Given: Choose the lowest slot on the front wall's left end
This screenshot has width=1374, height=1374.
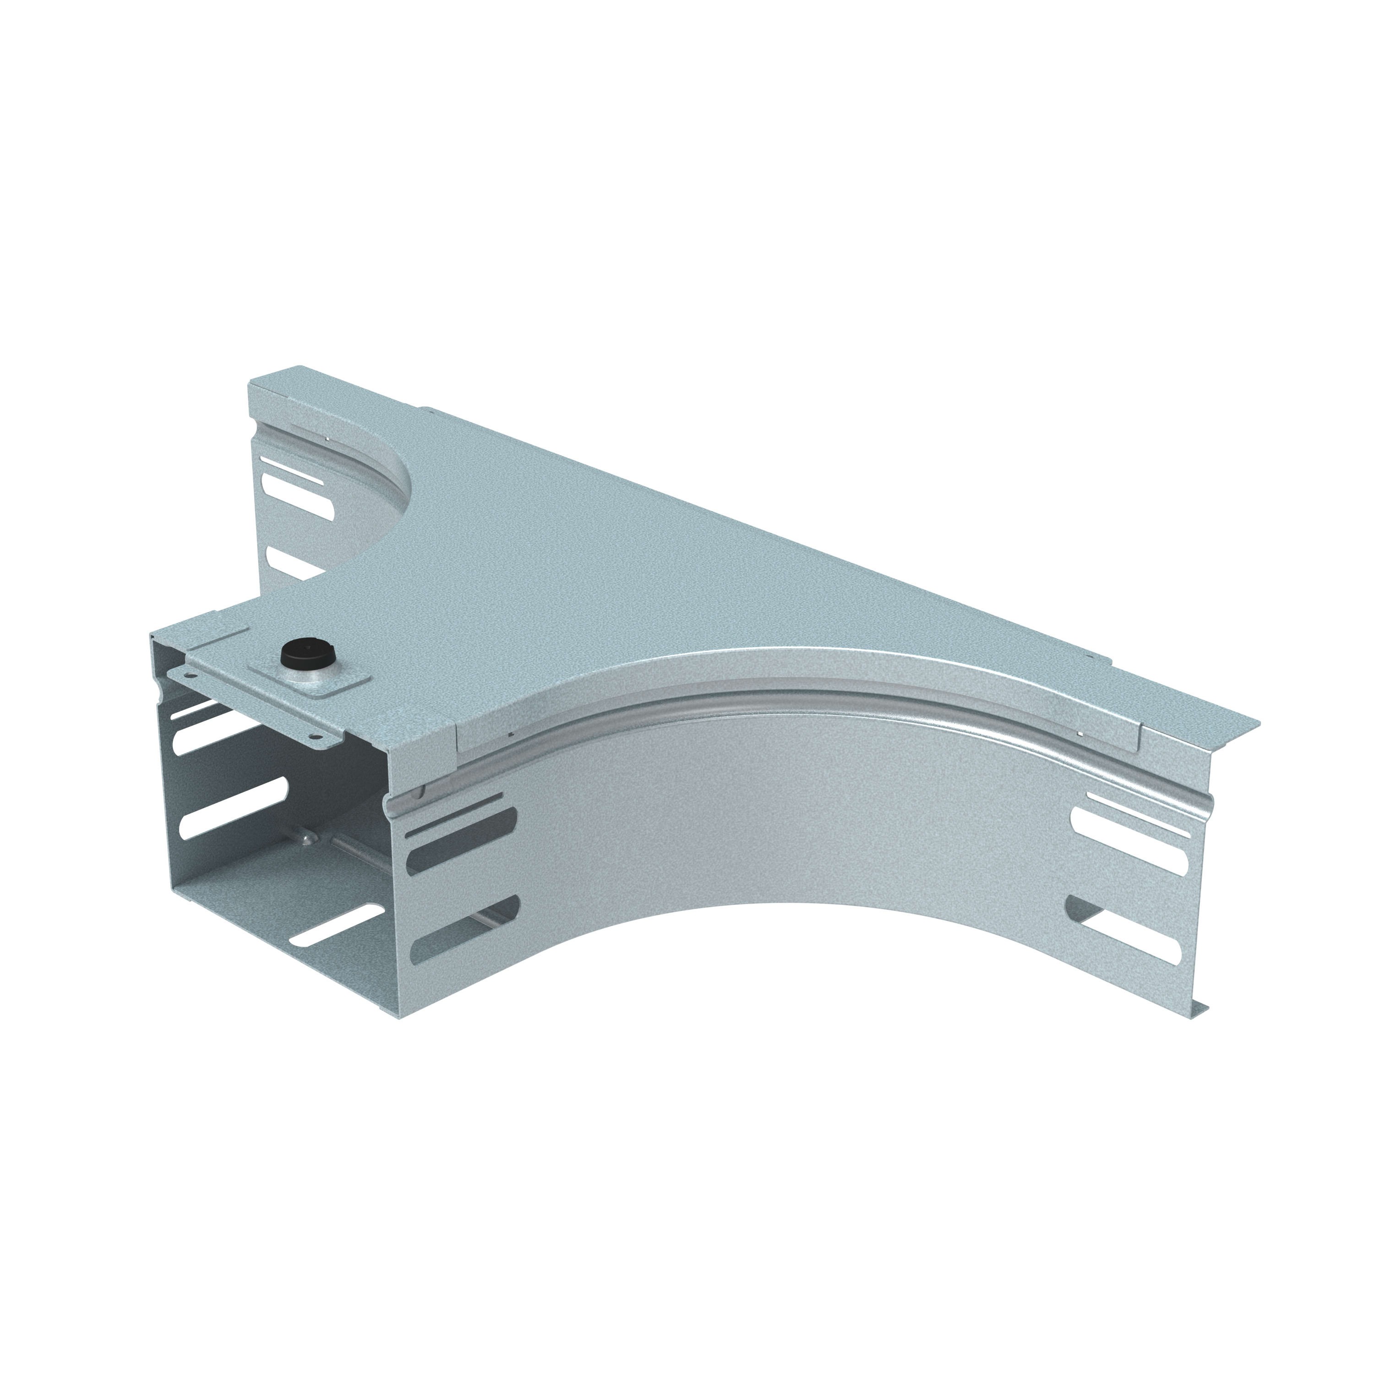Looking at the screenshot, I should pyautogui.click(x=462, y=925).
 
